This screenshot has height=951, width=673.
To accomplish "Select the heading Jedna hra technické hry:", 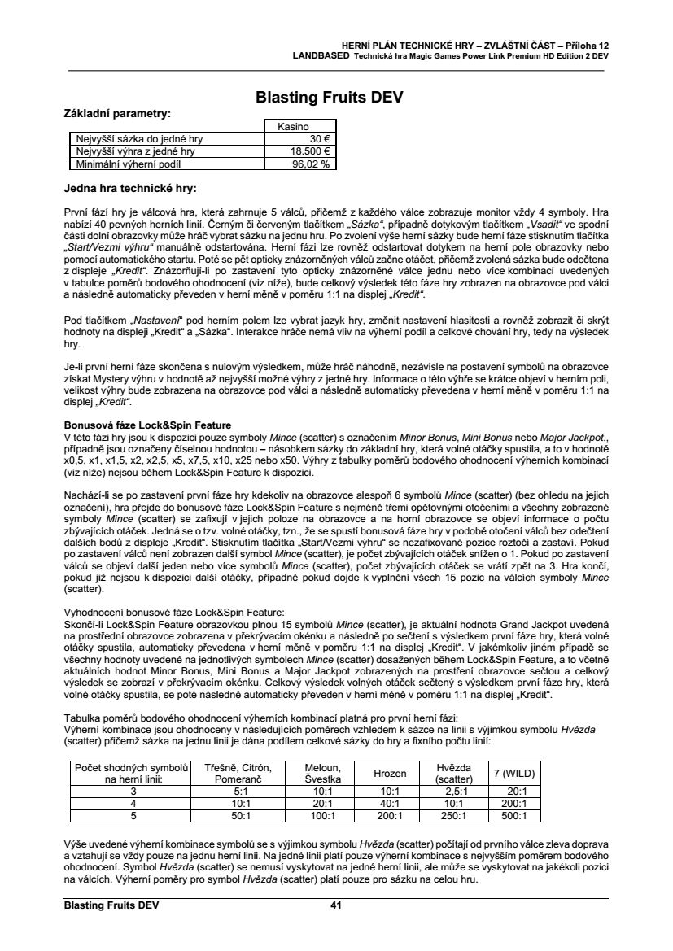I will [130, 189].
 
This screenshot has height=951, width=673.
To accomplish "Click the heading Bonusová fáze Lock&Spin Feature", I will [147, 425].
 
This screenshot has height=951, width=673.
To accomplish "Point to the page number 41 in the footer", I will [336, 904].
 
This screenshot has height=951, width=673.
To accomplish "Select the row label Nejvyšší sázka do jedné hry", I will [138, 139].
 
